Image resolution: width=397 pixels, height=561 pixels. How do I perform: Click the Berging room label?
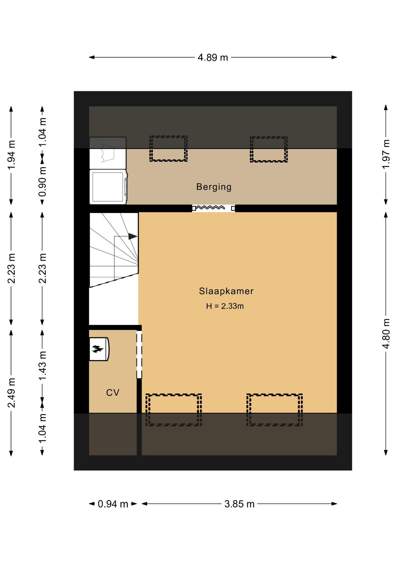pyautogui.click(x=214, y=187)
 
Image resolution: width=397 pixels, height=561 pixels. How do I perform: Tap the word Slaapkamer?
pyautogui.click(x=226, y=291)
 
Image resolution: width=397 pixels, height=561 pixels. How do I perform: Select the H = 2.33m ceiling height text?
pyautogui.click(x=225, y=306)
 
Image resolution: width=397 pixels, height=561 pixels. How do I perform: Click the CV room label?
pyautogui.click(x=113, y=392)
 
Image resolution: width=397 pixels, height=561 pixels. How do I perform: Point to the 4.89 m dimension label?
pyautogui.click(x=213, y=57)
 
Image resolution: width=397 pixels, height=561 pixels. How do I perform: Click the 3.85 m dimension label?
pyautogui.click(x=239, y=504)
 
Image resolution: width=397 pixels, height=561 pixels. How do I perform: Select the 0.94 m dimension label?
pyautogui.click(x=113, y=504)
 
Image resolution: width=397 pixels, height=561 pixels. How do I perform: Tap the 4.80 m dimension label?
pyautogui.click(x=386, y=334)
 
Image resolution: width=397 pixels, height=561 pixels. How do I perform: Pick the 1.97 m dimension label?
pyautogui.click(x=386, y=154)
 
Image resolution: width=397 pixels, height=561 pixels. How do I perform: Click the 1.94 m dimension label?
pyautogui.click(x=11, y=155)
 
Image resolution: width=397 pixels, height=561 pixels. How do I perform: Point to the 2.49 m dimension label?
pyautogui.click(x=11, y=393)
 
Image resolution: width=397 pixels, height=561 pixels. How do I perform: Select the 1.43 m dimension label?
pyautogui.click(x=42, y=366)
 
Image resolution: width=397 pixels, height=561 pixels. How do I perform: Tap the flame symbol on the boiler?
pyautogui.click(x=97, y=349)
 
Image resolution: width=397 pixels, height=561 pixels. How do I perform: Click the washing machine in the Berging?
pyautogui.click(x=108, y=187)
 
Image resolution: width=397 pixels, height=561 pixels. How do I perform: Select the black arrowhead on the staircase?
pyautogui.click(x=133, y=236)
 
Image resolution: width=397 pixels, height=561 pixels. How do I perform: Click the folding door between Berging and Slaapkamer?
pyautogui.click(x=213, y=208)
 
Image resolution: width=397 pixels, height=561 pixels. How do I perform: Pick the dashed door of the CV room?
pyautogui.click(x=139, y=354)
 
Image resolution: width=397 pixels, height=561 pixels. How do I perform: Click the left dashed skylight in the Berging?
pyautogui.click(x=168, y=148)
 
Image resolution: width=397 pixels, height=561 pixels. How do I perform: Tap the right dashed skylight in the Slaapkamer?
pyautogui.click(x=275, y=410)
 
